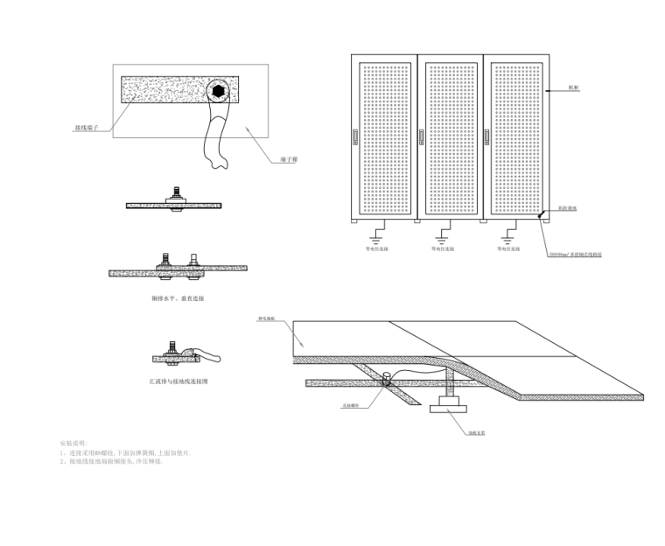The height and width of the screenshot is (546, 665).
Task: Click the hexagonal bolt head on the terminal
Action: coord(218,90)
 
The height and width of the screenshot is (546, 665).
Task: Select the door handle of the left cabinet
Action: coord(355,137)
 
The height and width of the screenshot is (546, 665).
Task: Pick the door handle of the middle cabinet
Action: coord(422,137)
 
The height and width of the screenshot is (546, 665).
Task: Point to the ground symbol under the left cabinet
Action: coord(376,233)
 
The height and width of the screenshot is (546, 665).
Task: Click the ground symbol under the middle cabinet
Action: coord(443,233)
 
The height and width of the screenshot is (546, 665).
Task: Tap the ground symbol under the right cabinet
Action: coord(509,233)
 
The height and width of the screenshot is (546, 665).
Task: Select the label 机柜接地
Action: coord(568,209)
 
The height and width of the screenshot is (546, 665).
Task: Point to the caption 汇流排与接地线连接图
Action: coord(178,381)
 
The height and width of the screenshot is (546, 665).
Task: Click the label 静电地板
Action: coord(267,318)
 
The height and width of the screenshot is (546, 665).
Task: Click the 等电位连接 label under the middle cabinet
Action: coord(443,248)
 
